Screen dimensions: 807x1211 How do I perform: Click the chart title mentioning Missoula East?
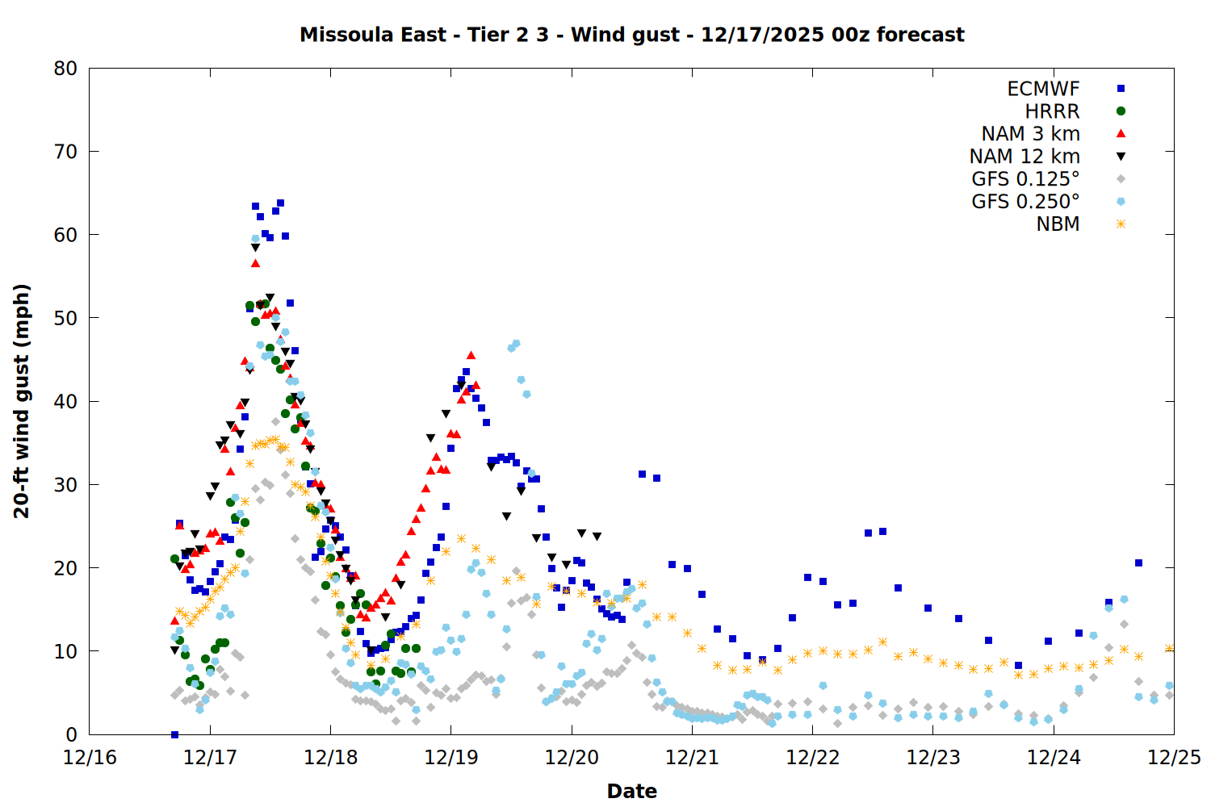(631, 35)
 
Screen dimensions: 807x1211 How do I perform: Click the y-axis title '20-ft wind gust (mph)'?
(22, 401)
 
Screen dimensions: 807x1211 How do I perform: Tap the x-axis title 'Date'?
(631, 791)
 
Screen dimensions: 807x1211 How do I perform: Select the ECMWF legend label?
(1043, 89)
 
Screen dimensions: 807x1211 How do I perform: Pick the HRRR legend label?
(1052, 111)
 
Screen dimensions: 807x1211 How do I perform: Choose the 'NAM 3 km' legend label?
(1030, 134)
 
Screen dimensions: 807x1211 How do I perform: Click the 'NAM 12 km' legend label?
(1025, 157)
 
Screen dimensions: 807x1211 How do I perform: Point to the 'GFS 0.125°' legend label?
(1025, 179)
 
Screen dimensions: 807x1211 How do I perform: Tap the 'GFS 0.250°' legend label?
(1025, 202)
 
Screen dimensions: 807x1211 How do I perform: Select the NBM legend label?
(1058, 224)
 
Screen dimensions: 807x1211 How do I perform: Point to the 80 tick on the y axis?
(65, 69)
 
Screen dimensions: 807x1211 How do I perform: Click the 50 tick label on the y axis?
(65, 318)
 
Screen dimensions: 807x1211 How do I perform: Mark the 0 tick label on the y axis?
(72, 734)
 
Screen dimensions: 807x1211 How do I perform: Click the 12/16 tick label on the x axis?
(90, 758)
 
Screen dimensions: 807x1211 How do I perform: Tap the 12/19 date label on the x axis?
(450, 758)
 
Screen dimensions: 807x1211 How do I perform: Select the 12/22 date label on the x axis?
(812, 758)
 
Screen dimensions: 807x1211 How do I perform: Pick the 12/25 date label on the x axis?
(1174, 758)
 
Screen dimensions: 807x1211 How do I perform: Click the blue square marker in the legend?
(1121, 89)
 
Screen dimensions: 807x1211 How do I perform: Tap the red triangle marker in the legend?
(1121, 133)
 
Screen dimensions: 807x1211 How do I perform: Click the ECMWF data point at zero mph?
(174, 734)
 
